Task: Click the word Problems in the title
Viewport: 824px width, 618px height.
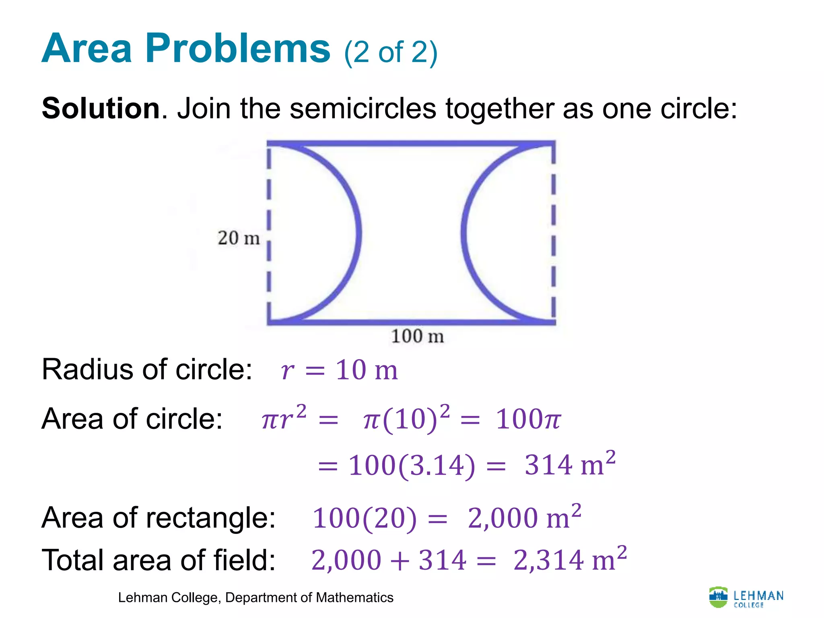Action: coord(237,49)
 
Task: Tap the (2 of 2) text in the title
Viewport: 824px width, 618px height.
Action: coord(390,53)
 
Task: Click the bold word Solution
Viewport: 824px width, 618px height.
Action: coord(101,109)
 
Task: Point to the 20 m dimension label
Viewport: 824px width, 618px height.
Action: coord(239,238)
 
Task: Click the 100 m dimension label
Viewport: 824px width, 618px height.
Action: coord(417,336)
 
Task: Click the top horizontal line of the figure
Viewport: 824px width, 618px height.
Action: coord(410,143)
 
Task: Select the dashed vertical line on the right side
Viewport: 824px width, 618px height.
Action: coord(553,233)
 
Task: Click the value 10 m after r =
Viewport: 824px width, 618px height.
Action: coord(367,370)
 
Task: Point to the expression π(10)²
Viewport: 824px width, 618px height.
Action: coord(406,419)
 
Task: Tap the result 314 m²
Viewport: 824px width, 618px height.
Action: coord(569,465)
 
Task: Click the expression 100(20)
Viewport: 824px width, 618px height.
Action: coord(364,518)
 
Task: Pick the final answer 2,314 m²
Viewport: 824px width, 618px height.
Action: coord(570,560)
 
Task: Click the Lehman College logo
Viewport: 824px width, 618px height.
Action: coord(746,597)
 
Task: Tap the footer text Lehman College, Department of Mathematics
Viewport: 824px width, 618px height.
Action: coord(255,598)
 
